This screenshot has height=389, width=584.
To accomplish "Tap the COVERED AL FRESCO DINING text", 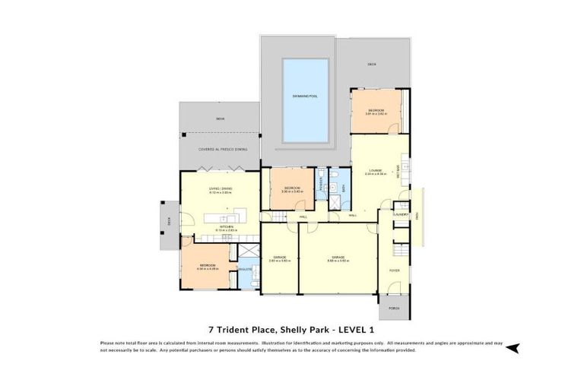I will (x=223, y=150).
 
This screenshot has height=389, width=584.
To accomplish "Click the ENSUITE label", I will (x=245, y=269).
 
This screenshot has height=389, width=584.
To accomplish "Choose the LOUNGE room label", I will (x=375, y=170).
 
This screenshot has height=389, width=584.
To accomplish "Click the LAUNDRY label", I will (x=401, y=215).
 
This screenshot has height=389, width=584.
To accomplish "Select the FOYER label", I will (x=395, y=269).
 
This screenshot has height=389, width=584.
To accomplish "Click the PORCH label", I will (x=394, y=308).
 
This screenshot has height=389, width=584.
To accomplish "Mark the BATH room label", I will (x=344, y=187).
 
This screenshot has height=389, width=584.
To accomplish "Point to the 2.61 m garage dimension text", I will (x=279, y=261).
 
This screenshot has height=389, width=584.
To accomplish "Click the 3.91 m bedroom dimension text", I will (x=376, y=114).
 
